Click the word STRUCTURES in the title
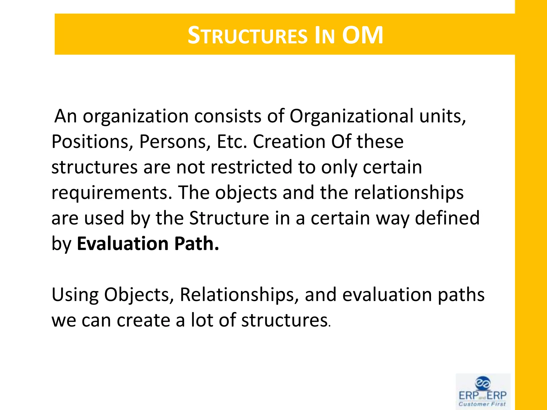pos(247,36)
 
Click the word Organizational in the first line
pos(351,116)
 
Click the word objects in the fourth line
pos(246,193)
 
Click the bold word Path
pos(197,244)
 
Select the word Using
pos(75,295)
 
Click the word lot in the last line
pos(202,320)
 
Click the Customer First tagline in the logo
pos(482,404)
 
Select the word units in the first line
pos(442,116)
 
